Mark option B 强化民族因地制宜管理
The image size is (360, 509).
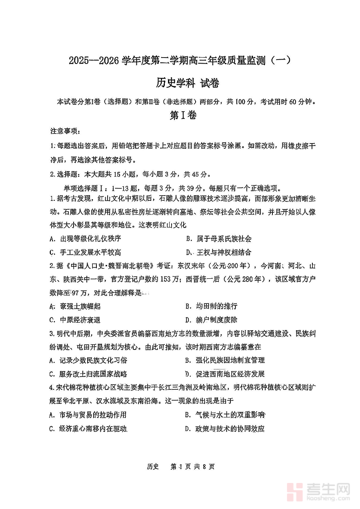coord(225,360)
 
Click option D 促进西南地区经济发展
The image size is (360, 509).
coord(225,374)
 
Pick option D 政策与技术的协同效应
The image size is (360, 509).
coord(225,429)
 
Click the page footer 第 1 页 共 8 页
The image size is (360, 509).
coord(192,466)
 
